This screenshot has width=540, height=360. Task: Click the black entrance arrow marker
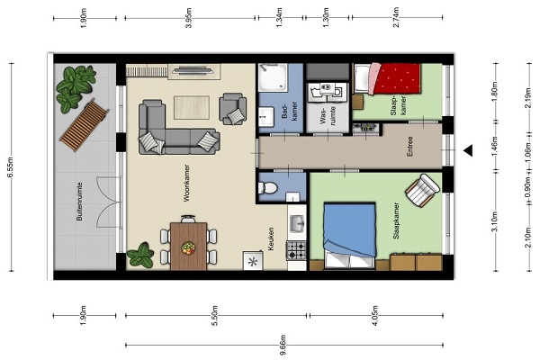coord(468,150)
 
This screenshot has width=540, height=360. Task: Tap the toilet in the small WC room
coord(268,188)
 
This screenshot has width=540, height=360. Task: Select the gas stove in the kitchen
coord(296,250)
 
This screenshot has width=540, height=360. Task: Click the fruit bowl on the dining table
coord(188,247)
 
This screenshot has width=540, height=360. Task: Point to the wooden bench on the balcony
coord(85,125)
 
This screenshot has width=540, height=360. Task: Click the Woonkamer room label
coord(186,183)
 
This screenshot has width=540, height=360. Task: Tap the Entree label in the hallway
coord(409,147)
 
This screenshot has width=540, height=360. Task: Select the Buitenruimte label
coord(79,202)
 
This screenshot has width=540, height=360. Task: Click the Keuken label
coord(271,238)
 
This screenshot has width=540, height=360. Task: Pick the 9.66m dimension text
coord(283,345)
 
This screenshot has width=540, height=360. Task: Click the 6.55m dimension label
coord(10,167)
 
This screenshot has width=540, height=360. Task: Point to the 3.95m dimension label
coord(189,18)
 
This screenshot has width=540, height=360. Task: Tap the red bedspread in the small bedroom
coord(398,78)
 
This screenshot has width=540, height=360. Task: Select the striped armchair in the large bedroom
coord(423,190)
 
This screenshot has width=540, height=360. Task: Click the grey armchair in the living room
coord(233,109)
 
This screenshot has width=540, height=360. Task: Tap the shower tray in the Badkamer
coord(273,77)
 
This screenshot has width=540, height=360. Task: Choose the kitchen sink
coord(296,224)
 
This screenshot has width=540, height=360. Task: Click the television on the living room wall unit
coord(193,71)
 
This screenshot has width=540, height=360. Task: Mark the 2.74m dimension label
coord(397,18)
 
